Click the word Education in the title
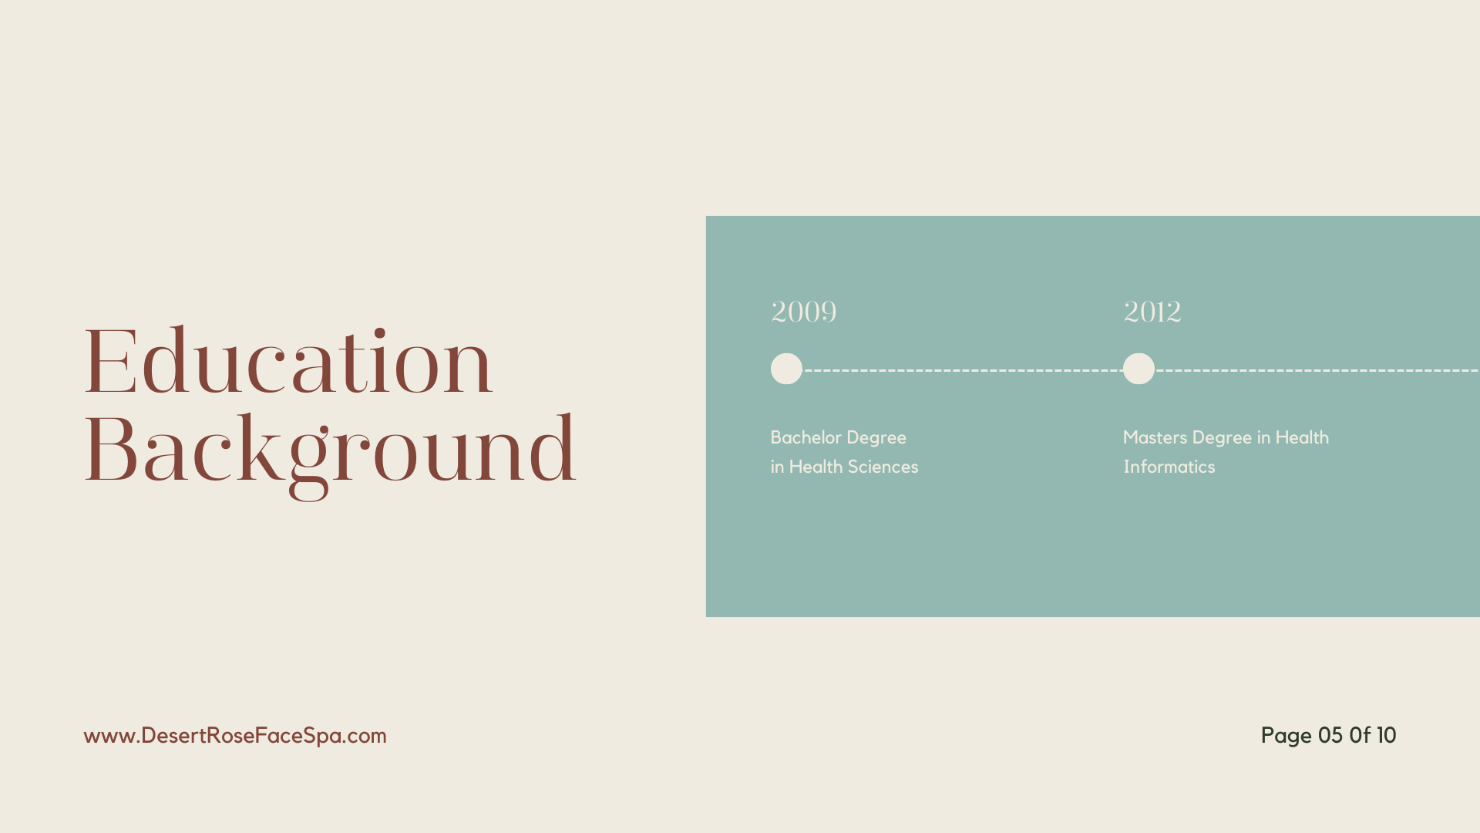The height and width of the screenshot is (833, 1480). (288, 361)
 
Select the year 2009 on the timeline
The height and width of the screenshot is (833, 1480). (803, 312)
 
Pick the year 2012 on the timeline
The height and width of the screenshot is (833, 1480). (1152, 312)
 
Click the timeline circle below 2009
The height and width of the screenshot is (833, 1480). (786, 369)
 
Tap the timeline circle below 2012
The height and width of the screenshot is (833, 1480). (1139, 369)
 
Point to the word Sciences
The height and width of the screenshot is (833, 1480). (883, 467)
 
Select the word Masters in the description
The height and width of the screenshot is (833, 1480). (1155, 437)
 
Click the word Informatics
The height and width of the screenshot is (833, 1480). (1169, 467)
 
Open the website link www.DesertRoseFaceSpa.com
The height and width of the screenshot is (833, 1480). (235, 736)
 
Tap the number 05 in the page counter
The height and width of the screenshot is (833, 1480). (1330, 735)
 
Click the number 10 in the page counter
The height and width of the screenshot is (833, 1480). (1387, 735)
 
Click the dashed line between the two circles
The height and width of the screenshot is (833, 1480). (963, 370)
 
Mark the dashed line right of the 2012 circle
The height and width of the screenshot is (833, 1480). (1317, 370)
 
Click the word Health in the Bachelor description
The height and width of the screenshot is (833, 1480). (816, 467)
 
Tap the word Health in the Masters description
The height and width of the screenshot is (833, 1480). (1302, 437)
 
